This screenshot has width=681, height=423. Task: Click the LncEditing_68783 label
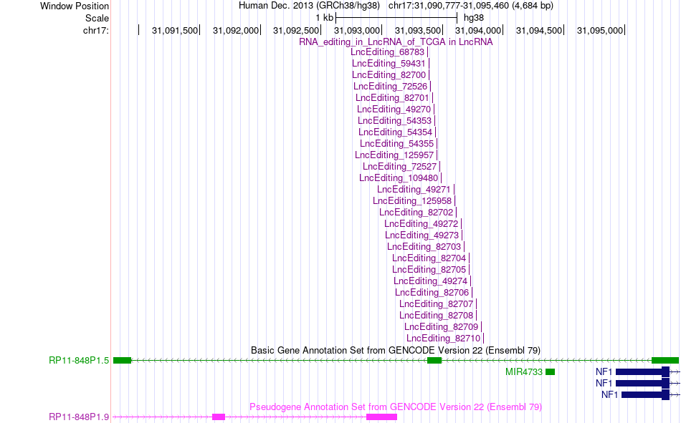coord(387,52)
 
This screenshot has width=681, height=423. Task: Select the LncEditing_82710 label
coord(444,339)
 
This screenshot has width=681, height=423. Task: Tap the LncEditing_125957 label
coord(394,155)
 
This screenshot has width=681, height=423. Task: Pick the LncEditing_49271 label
coord(414,190)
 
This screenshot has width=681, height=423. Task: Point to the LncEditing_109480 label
coord(399,178)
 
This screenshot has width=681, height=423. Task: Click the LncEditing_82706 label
coord(432,293)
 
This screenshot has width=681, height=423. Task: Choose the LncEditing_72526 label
coord(391,87)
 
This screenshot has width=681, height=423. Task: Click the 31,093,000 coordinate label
coord(357,30)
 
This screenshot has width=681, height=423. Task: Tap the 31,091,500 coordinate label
coord(175,30)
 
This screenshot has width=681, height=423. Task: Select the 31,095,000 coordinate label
coord(600,30)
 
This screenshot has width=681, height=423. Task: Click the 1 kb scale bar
coord(396,18)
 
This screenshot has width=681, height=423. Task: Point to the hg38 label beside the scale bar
coord(474,18)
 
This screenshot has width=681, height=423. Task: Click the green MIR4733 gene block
coord(551,371)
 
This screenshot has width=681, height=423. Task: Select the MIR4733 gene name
coord(524,372)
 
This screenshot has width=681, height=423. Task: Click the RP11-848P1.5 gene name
coord(79,361)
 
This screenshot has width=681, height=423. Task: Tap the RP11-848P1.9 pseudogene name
coord(79,417)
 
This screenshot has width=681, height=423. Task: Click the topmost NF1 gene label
coord(604,371)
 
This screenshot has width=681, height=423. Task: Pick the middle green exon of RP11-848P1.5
coord(434,361)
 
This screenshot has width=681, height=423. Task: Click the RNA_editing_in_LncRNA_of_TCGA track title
coord(396,42)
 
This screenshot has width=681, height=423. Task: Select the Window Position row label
coord(75,6)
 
